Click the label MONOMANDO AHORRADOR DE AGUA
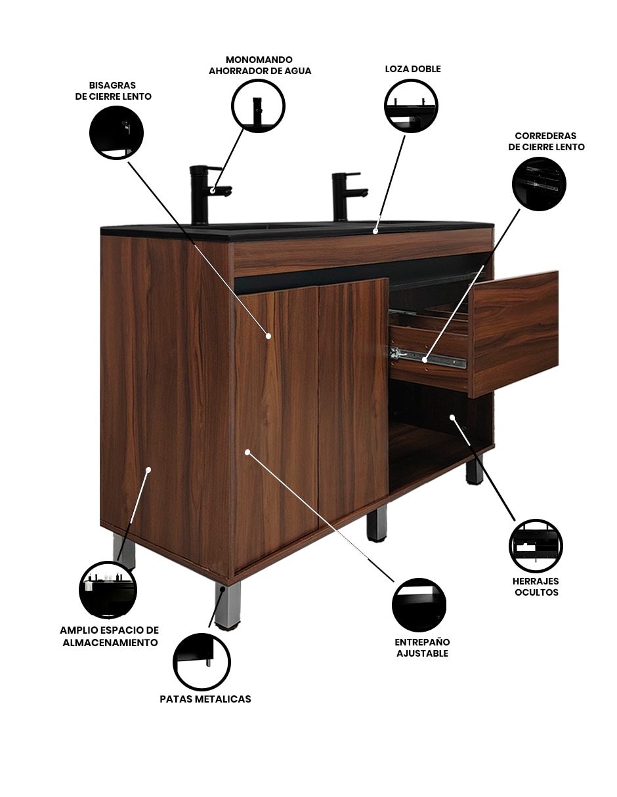(x=260, y=66)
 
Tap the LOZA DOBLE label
(x=413, y=69)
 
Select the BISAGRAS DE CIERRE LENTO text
(x=113, y=91)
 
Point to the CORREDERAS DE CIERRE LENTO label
(x=546, y=141)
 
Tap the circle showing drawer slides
(x=539, y=184)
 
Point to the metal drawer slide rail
(x=428, y=358)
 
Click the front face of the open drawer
(x=515, y=333)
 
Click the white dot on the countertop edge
(x=375, y=231)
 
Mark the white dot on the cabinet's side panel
(x=148, y=469)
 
